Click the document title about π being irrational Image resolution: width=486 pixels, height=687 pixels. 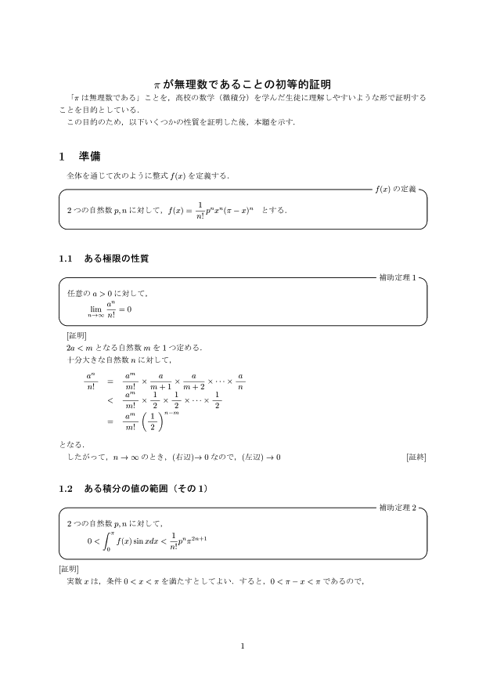coord(243,83)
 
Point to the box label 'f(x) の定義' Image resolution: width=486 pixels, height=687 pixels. coord(397,189)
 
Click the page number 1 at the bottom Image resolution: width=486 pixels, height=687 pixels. coord(243,645)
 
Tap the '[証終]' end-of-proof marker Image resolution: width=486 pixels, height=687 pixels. coord(416,457)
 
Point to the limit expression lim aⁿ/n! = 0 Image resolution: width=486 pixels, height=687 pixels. coord(110,309)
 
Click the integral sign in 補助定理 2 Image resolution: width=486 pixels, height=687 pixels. coord(110,540)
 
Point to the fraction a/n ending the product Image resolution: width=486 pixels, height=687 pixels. coord(240,381)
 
